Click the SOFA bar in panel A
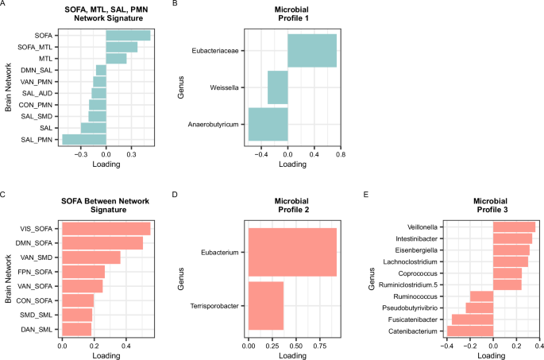128,35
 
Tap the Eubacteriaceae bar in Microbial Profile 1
312,51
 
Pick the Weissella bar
277,87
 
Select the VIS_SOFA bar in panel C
106,229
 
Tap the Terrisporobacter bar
266,305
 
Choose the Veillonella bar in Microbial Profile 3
514,227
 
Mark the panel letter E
365,193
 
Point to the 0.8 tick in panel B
340,156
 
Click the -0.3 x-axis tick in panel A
81,156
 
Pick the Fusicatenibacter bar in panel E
473,318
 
